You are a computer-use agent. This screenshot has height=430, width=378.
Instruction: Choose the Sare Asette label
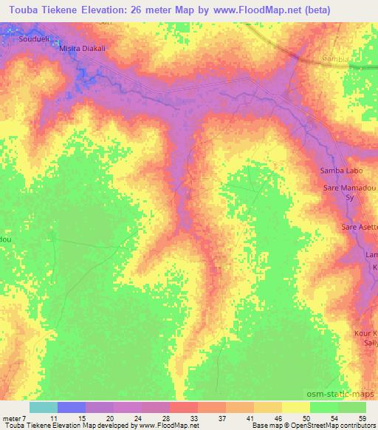pos(359,227)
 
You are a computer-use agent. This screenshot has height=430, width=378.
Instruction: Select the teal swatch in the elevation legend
pos(44,408)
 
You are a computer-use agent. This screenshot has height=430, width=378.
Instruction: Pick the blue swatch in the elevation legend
pos(72,408)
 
